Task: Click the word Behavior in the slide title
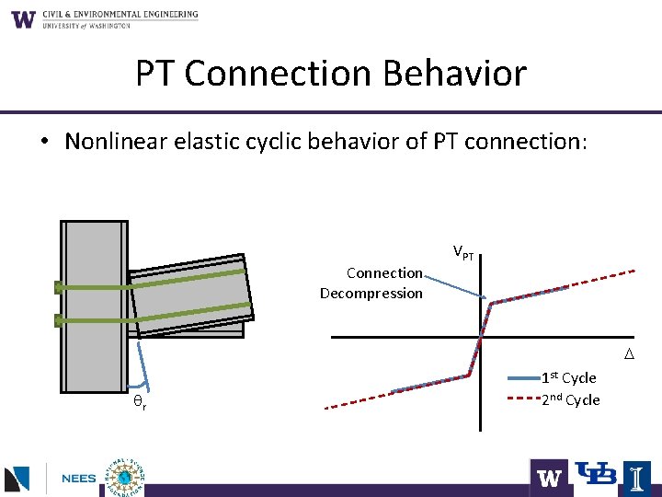(x=459, y=73)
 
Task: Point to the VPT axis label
(x=463, y=252)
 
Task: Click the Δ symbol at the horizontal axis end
(x=630, y=354)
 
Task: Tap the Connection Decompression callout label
(x=371, y=283)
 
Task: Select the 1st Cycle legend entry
(x=568, y=377)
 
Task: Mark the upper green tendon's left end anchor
(x=59, y=287)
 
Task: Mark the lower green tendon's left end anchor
(x=59, y=321)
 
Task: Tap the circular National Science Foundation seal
(x=121, y=477)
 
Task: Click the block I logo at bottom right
(x=638, y=477)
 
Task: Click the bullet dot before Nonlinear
(x=43, y=143)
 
